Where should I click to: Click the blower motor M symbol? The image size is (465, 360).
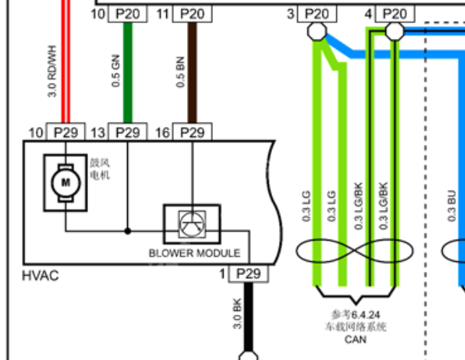pyautogui.click(x=66, y=182)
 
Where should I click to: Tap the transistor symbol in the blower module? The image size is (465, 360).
pyautogui.click(x=192, y=224)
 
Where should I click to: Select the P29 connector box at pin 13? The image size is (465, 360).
pyautogui.click(x=127, y=132)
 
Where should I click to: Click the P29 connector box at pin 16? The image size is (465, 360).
pyautogui.click(x=192, y=132)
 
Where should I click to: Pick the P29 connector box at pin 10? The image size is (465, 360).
pyautogui.click(x=66, y=132)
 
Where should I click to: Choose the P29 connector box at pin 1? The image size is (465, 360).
pyautogui.click(x=248, y=273)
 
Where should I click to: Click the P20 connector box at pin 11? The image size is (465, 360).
pyautogui.click(x=192, y=14)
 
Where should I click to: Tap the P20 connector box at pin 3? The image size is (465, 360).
pyautogui.click(x=317, y=14)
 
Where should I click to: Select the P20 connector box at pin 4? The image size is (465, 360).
pyautogui.click(x=395, y=14)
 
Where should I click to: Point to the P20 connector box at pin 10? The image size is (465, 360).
pyautogui.click(x=127, y=14)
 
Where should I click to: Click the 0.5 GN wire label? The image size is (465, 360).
pyautogui.click(x=116, y=71)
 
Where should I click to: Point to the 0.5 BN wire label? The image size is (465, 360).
pyautogui.click(x=180, y=72)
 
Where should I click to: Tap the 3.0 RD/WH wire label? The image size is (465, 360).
pyautogui.click(x=52, y=71)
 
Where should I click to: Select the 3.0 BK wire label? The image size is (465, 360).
pyautogui.click(x=237, y=314)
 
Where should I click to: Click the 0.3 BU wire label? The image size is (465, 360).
pyautogui.click(x=451, y=205)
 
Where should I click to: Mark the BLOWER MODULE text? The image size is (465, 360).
pyautogui.click(x=195, y=253)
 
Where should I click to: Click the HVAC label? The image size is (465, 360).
pyautogui.click(x=41, y=276)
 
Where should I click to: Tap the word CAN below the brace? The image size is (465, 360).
pyautogui.click(x=355, y=339)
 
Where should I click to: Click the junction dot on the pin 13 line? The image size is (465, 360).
pyautogui.click(x=127, y=231)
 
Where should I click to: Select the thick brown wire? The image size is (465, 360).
pyautogui.click(x=192, y=72)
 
